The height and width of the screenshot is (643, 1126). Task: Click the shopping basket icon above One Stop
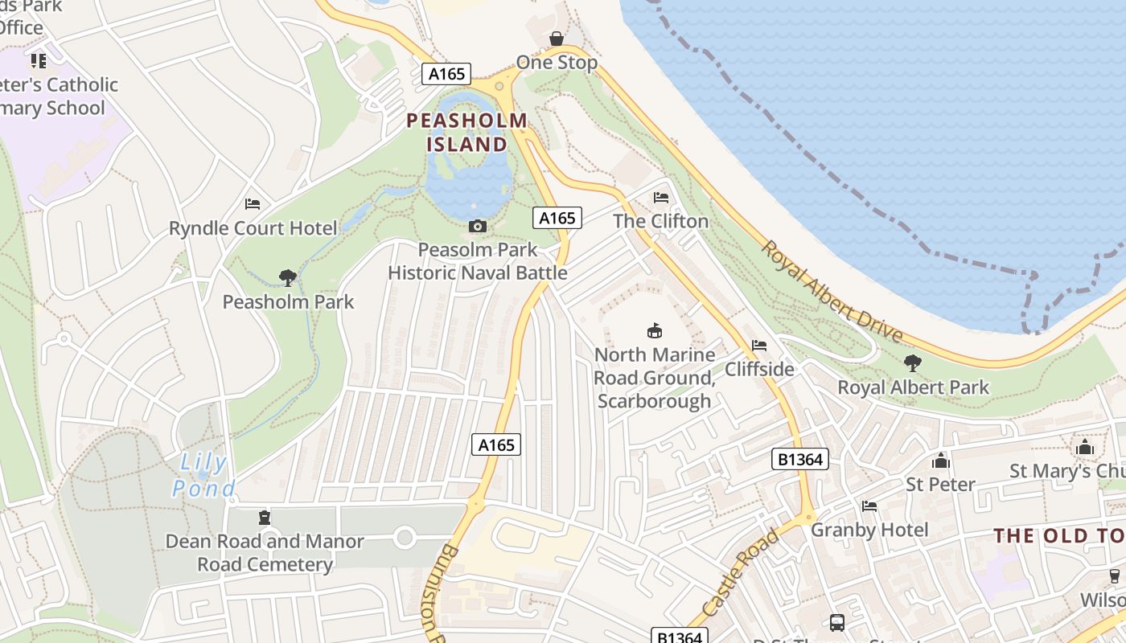556,39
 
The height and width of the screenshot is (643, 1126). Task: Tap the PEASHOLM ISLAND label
467,133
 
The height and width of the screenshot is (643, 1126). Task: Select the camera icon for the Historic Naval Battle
478,227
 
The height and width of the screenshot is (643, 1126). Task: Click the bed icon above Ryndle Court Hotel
253,204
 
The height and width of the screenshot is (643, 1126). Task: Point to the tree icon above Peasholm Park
288,278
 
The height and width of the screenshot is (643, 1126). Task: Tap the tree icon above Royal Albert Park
913,363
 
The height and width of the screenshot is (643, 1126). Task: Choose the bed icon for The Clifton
661,198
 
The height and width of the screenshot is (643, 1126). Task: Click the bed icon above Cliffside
758,346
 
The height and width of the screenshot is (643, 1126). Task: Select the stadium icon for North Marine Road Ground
655,330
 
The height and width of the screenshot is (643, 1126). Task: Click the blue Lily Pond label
203,475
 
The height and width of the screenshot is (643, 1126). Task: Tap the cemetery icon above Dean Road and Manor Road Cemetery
265,518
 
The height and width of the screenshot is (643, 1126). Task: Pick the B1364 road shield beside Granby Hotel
800,459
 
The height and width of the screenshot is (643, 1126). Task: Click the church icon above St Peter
940,461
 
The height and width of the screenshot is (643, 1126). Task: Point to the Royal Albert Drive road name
832,292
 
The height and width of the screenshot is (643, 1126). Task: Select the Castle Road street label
741,572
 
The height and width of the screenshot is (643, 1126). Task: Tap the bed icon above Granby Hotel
869,506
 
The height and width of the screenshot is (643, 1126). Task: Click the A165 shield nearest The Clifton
557,218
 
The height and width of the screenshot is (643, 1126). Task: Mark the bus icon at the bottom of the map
837,622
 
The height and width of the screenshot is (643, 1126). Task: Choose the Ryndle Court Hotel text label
253,228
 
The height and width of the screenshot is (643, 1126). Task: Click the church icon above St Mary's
1085,447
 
